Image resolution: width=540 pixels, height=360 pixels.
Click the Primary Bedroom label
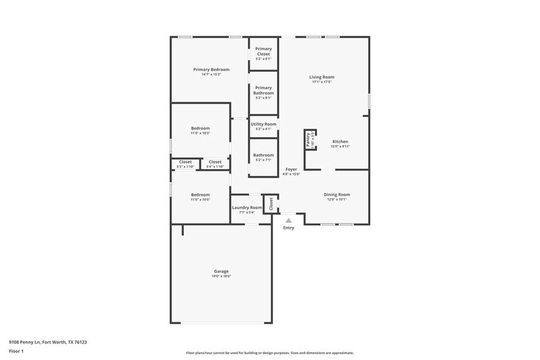click(211, 70)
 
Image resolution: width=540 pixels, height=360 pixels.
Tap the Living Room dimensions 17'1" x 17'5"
click(321, 82)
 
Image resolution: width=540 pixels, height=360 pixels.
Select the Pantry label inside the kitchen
click(308, 140)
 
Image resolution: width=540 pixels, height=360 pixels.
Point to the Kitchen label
click(340, 141)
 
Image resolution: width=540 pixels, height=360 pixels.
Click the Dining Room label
click(337, 195)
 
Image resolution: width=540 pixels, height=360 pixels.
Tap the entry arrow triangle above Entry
click(288, 220)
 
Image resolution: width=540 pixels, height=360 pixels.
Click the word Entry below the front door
click(288, 228)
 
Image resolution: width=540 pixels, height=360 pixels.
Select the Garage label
click(221, 271)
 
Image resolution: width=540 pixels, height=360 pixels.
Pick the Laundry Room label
click(247, 208)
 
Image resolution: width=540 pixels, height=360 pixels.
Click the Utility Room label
click(263, 124)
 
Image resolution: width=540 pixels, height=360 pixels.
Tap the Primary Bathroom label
click(263, 90)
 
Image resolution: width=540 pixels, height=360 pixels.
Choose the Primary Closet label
click(263, 51)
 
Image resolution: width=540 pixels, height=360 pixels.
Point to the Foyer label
click(291, 169)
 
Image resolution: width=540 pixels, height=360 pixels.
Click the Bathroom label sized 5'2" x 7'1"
click(263, 155)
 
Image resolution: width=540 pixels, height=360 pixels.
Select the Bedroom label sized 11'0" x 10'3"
click(200, 128)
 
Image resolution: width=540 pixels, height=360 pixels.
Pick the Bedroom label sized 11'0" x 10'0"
click(200, 195)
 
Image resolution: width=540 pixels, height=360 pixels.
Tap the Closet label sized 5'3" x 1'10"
click(186, 162)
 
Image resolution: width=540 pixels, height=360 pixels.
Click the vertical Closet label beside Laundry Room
click(271, 203)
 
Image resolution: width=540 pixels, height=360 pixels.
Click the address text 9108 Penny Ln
click(24, 342)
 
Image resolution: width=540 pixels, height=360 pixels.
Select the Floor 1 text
click(16, 351)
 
